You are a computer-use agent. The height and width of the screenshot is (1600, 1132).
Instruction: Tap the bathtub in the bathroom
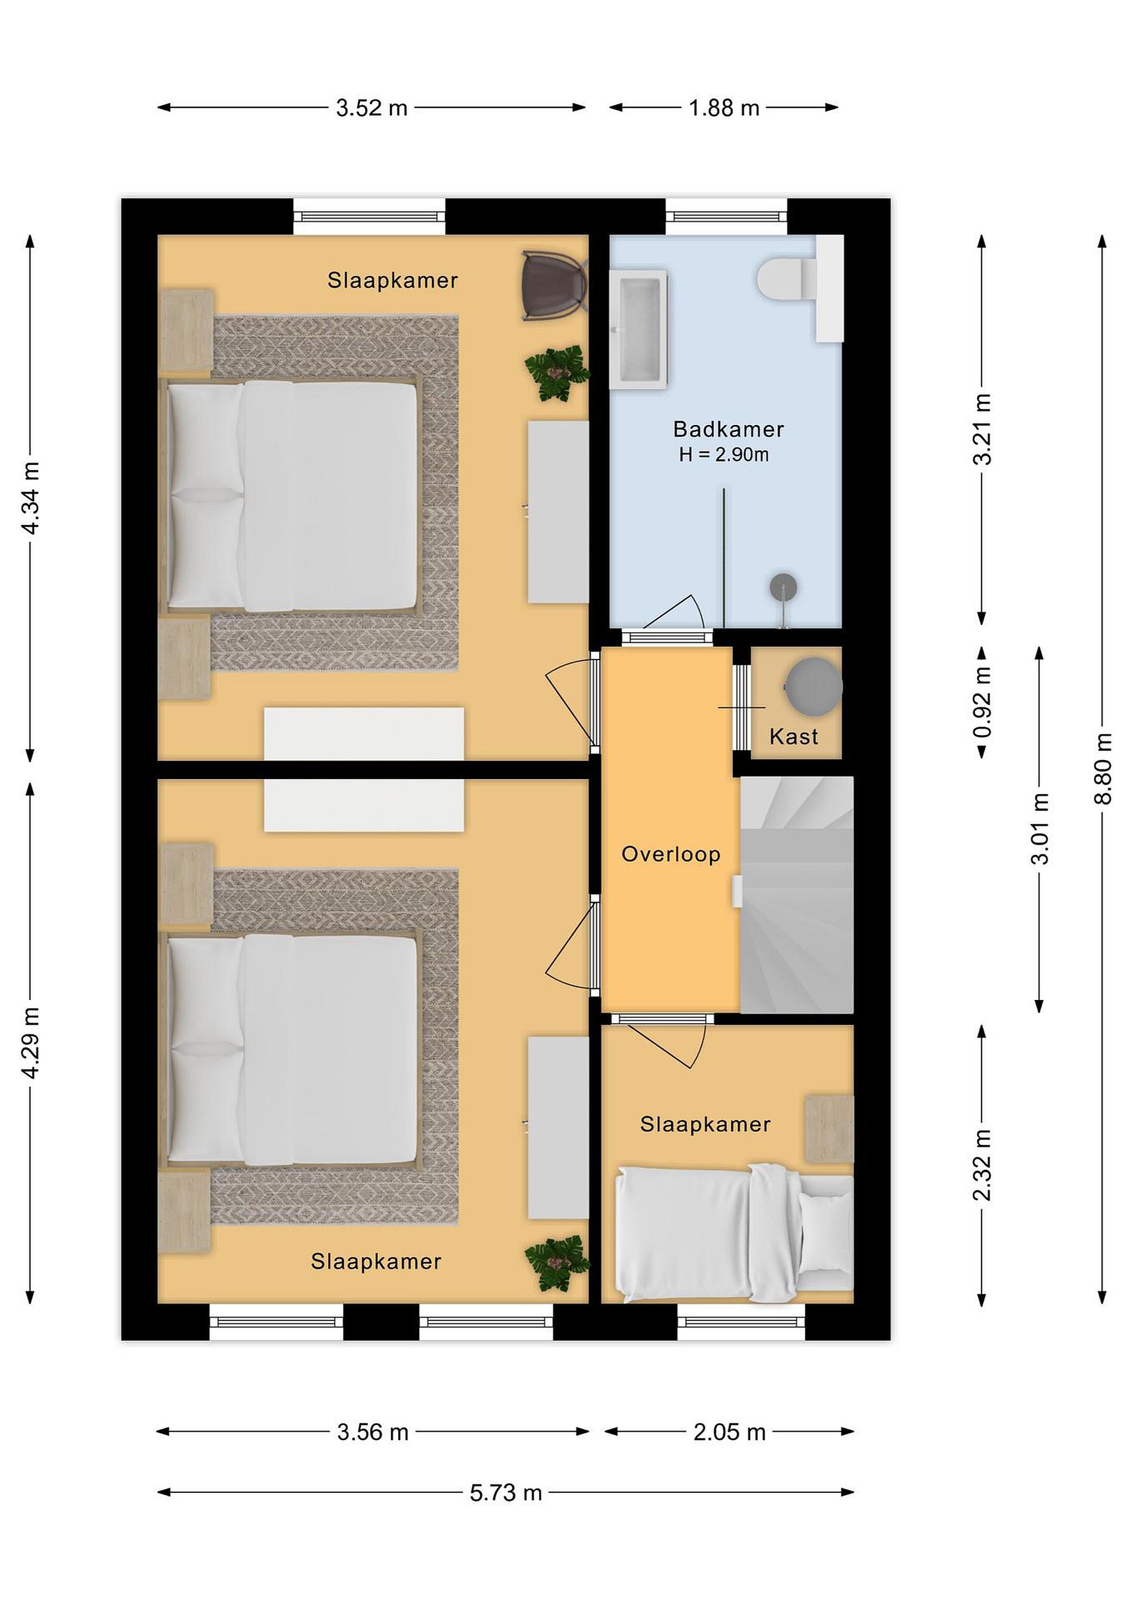tap(639, 329)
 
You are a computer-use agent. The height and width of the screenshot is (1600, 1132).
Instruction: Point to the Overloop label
tap(671, 854)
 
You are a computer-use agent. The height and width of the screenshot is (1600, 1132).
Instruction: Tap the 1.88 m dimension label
tap(724, 108)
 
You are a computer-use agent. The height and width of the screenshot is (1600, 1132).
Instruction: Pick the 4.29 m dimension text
tap(31, 1043)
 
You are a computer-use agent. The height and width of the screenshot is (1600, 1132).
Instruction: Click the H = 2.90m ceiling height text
tap(724, 455)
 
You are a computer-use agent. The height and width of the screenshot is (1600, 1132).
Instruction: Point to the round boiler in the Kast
tap(813, 687)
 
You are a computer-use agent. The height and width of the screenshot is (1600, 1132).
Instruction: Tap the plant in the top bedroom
tap(557, 373)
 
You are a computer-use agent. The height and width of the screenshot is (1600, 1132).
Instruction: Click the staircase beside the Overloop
tap(796, 895)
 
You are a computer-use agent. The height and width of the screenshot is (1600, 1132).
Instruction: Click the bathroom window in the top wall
tap(726, 216)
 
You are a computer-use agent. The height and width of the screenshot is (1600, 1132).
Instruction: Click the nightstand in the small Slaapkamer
tap(830, 1129)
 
